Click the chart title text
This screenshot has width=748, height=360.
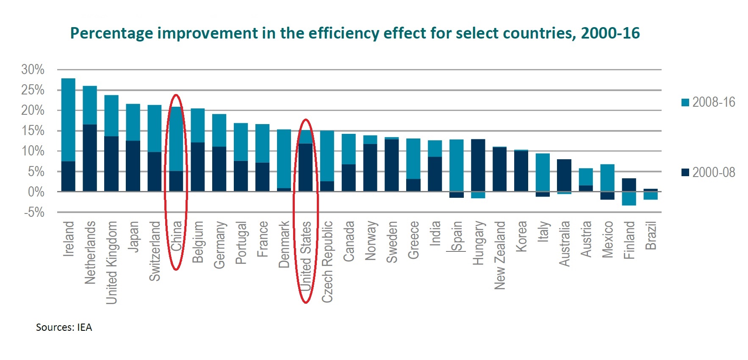pos(355,33)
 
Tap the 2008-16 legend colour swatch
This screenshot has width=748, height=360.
pos(685,102)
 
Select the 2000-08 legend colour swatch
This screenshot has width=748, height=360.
pos(685,172)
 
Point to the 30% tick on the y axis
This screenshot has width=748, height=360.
pos(33,69)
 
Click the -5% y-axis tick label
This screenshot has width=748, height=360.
pos(34,212)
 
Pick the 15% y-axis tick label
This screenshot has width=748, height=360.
pos(33,131)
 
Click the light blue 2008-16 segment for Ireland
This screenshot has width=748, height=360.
pos(68,120)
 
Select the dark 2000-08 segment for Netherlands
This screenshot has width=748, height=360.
pos(90,158)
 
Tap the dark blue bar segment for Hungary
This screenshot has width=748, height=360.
pos(478,165)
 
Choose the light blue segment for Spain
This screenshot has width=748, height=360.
pos(457,165)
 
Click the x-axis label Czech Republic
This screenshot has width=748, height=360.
pos(327,262)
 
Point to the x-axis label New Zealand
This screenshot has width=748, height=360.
pos(500,255)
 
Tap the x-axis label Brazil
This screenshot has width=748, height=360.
pos(651,235)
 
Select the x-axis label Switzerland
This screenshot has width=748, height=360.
pos(155,251)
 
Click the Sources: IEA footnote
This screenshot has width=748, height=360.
pos(64,327)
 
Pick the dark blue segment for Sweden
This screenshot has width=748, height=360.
pos(392,165)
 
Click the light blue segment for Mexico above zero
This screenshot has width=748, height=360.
pos(607,178)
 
